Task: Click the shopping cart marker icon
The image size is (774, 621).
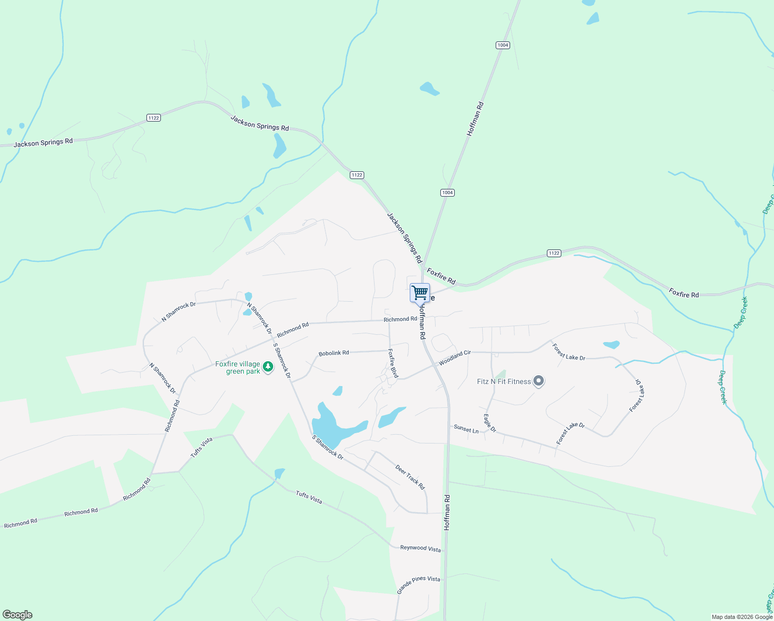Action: click(420, 293)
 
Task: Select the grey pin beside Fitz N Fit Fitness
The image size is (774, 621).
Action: click(539, 381)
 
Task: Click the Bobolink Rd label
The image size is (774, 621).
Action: click(334, 353)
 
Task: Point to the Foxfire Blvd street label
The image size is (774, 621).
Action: click(393, 363)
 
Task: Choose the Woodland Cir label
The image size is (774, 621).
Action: click(455, 358)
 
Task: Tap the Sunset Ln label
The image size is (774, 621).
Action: click(466, 429)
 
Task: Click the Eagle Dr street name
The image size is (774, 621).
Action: click(490, 423)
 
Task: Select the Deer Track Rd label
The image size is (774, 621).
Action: click(410, 477)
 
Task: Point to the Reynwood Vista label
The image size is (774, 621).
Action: click(420, 548)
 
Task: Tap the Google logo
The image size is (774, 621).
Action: click(18, 615)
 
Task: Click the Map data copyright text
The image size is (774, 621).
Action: click(742, 617)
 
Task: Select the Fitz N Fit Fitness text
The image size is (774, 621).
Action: click(503, 381)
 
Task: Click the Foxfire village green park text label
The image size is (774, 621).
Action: click(238, 367)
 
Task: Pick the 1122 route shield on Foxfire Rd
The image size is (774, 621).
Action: click(554, 253)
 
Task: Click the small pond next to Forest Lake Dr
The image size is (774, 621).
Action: click(612, 345)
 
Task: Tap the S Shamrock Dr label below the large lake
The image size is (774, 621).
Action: click(328, 447)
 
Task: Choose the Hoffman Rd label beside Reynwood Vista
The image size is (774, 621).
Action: click(447, 512)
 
